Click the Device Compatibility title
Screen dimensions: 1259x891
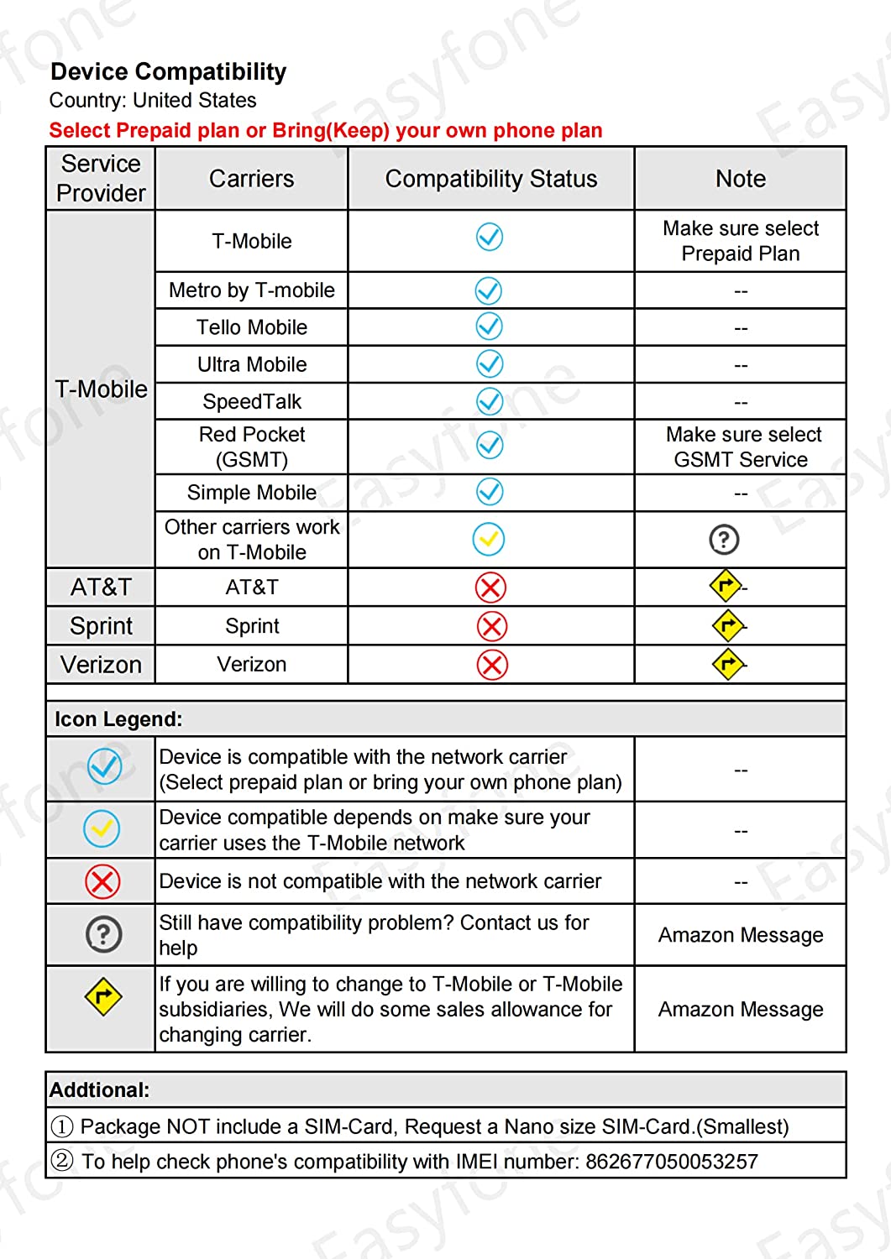[168, 72]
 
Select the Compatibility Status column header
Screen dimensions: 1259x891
[491, 179]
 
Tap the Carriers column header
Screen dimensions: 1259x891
[251, 179]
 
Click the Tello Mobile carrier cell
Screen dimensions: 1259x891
[251, 327]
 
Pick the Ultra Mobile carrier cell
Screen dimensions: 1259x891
[251, 364]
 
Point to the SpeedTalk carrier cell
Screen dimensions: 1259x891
[251, 401]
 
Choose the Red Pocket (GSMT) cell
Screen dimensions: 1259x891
[251, 447]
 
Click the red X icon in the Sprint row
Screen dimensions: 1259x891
[492, 626]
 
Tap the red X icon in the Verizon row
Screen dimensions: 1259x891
[492, 665]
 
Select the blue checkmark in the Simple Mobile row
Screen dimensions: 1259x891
[490, 492]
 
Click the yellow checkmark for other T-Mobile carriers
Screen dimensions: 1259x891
[489, 539]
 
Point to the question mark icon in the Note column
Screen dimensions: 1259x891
[724, 539]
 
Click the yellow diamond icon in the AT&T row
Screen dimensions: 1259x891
[726, 586]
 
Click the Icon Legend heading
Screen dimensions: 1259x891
[118, 719]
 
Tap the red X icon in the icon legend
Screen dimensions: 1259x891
[102, 881]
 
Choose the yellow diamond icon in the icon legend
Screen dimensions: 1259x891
[102, 996]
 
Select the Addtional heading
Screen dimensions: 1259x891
[99, 1090]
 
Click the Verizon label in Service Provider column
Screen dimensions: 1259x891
[101, 665]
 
